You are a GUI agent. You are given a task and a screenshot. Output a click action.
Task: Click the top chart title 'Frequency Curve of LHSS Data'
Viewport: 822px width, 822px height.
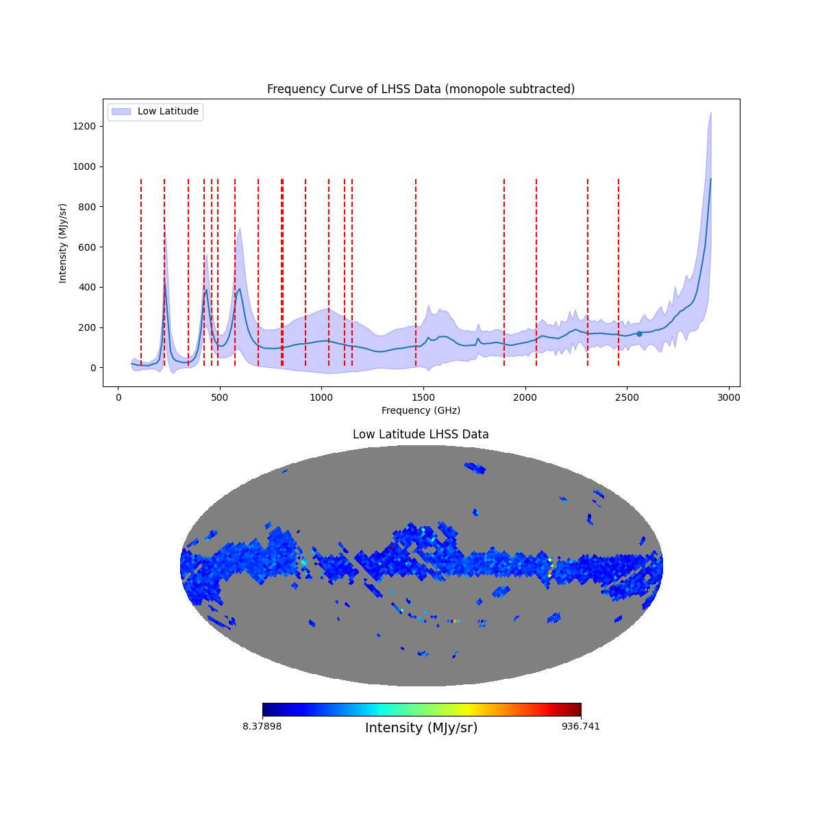click(421, 89)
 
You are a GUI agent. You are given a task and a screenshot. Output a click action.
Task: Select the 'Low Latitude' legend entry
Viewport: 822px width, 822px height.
click(168, 112)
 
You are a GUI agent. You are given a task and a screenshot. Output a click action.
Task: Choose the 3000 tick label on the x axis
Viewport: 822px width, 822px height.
click(729, 397)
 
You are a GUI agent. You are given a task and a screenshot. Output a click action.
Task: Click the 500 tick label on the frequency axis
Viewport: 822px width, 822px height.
click(220, 397)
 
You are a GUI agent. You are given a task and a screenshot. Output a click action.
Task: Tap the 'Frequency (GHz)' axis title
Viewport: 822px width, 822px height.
click(421, 410)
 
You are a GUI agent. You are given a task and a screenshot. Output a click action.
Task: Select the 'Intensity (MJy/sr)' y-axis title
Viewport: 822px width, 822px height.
click(63, 243)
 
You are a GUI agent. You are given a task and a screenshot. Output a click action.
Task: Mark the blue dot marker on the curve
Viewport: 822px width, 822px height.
click(639, 334)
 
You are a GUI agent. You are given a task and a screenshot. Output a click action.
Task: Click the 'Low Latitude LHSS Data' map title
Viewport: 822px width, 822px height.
click(421, 434)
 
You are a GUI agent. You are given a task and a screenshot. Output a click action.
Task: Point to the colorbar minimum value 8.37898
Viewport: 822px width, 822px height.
click(262, 726)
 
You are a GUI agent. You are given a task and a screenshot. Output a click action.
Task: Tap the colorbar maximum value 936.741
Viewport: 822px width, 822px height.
click(581, 726)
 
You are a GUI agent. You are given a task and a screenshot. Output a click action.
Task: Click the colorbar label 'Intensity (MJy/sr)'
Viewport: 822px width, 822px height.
click(421, 728)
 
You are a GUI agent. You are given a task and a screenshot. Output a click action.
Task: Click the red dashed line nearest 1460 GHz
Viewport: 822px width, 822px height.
click(416, 274)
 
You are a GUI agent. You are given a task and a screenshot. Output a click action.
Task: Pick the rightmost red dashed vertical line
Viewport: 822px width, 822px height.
click(619, 274)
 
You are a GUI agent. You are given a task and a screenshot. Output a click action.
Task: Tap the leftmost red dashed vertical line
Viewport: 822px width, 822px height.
click(141, 274)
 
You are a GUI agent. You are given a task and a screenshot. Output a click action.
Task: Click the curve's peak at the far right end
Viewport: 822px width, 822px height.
click(710, 179)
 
